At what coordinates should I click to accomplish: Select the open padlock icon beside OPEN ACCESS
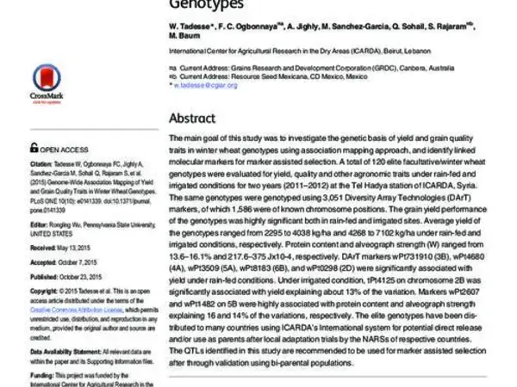coord(34,147)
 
